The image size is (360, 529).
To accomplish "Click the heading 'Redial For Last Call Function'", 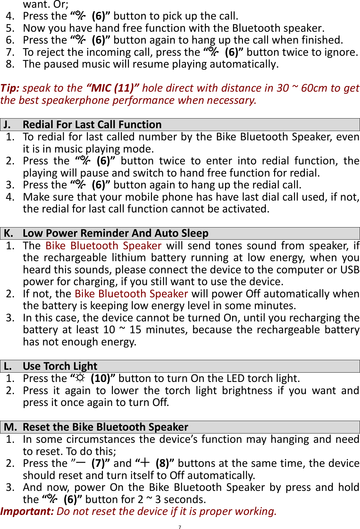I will (92, 125).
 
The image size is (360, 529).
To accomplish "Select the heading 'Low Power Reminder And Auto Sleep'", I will (115, 233).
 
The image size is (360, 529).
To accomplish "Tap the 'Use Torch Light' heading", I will (60, 366).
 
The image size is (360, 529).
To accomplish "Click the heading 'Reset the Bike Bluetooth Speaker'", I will (105, 427).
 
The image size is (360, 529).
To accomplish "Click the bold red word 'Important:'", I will (27, 511).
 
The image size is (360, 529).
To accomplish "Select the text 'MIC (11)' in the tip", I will (113, 88).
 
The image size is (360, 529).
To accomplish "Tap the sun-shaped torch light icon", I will (80, 378).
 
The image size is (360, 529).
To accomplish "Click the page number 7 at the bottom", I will (180, 527).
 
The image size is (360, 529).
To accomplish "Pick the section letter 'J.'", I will (7, 125).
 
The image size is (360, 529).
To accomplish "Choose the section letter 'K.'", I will (8, 233).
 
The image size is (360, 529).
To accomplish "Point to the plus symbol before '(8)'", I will (145, 463).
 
